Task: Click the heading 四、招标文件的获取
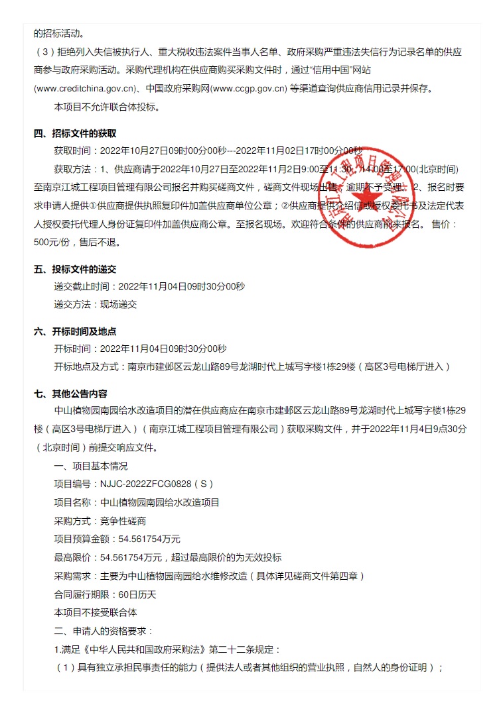pyautogui.click(x=75, y=133)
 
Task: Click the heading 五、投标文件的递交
pyautogui.click(x=75, y=269)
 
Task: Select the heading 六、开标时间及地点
pyautogui.click(x=75, y=331)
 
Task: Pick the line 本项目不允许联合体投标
pyautogui.click(x=106, y=107)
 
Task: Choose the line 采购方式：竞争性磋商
pyautogui.click(x=100, y=521)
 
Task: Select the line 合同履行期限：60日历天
pyautogui.click(x=105, y=594)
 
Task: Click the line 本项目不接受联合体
pyautogui.click(x=96, y=612)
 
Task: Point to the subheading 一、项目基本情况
pyautogui.click(x=90, y=466)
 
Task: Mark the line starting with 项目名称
pyautogui.click(x=136, y=503)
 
